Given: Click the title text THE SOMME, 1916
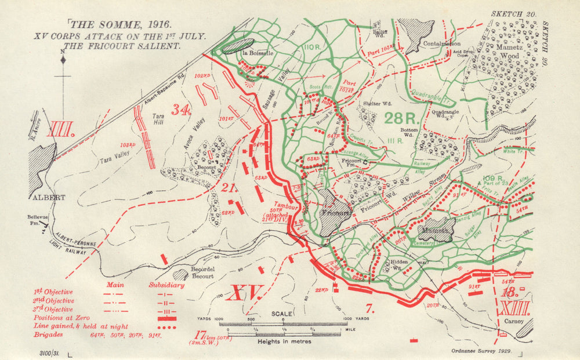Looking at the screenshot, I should point(120,24).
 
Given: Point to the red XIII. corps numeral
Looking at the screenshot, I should point(514,307).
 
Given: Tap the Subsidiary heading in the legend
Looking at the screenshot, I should point(166,285).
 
